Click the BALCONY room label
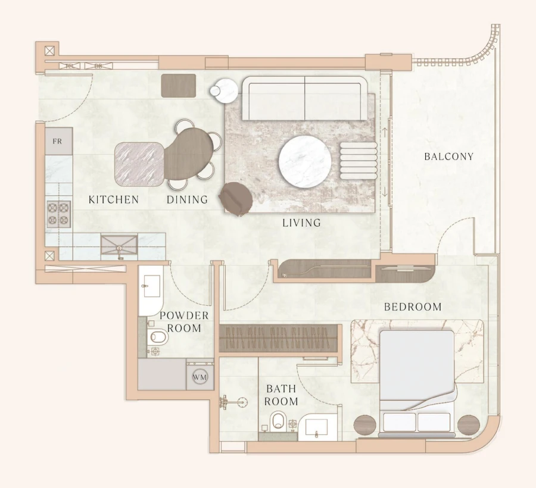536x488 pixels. point(448,157)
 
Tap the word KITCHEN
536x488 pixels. point(113,200)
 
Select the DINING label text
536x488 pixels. point(187,200)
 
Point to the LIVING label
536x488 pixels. point(301,223)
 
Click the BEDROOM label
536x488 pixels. point(413,307)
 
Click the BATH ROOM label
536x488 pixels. point(281,395)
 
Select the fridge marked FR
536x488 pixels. point(58,142)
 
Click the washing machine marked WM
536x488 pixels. point(200,377)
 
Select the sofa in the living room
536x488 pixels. point(305,99)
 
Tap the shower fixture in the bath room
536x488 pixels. point(229,402)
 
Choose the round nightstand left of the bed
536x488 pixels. point(366,425)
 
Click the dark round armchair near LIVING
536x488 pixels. point(236,197)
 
